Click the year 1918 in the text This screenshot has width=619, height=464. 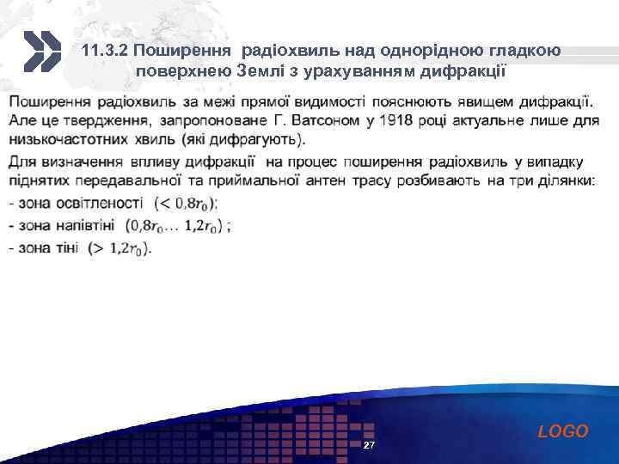[392, 121]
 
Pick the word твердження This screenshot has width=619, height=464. [112, 121]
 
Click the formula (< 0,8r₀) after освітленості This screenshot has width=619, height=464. [185, 204]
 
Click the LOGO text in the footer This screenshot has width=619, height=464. [563, 431]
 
